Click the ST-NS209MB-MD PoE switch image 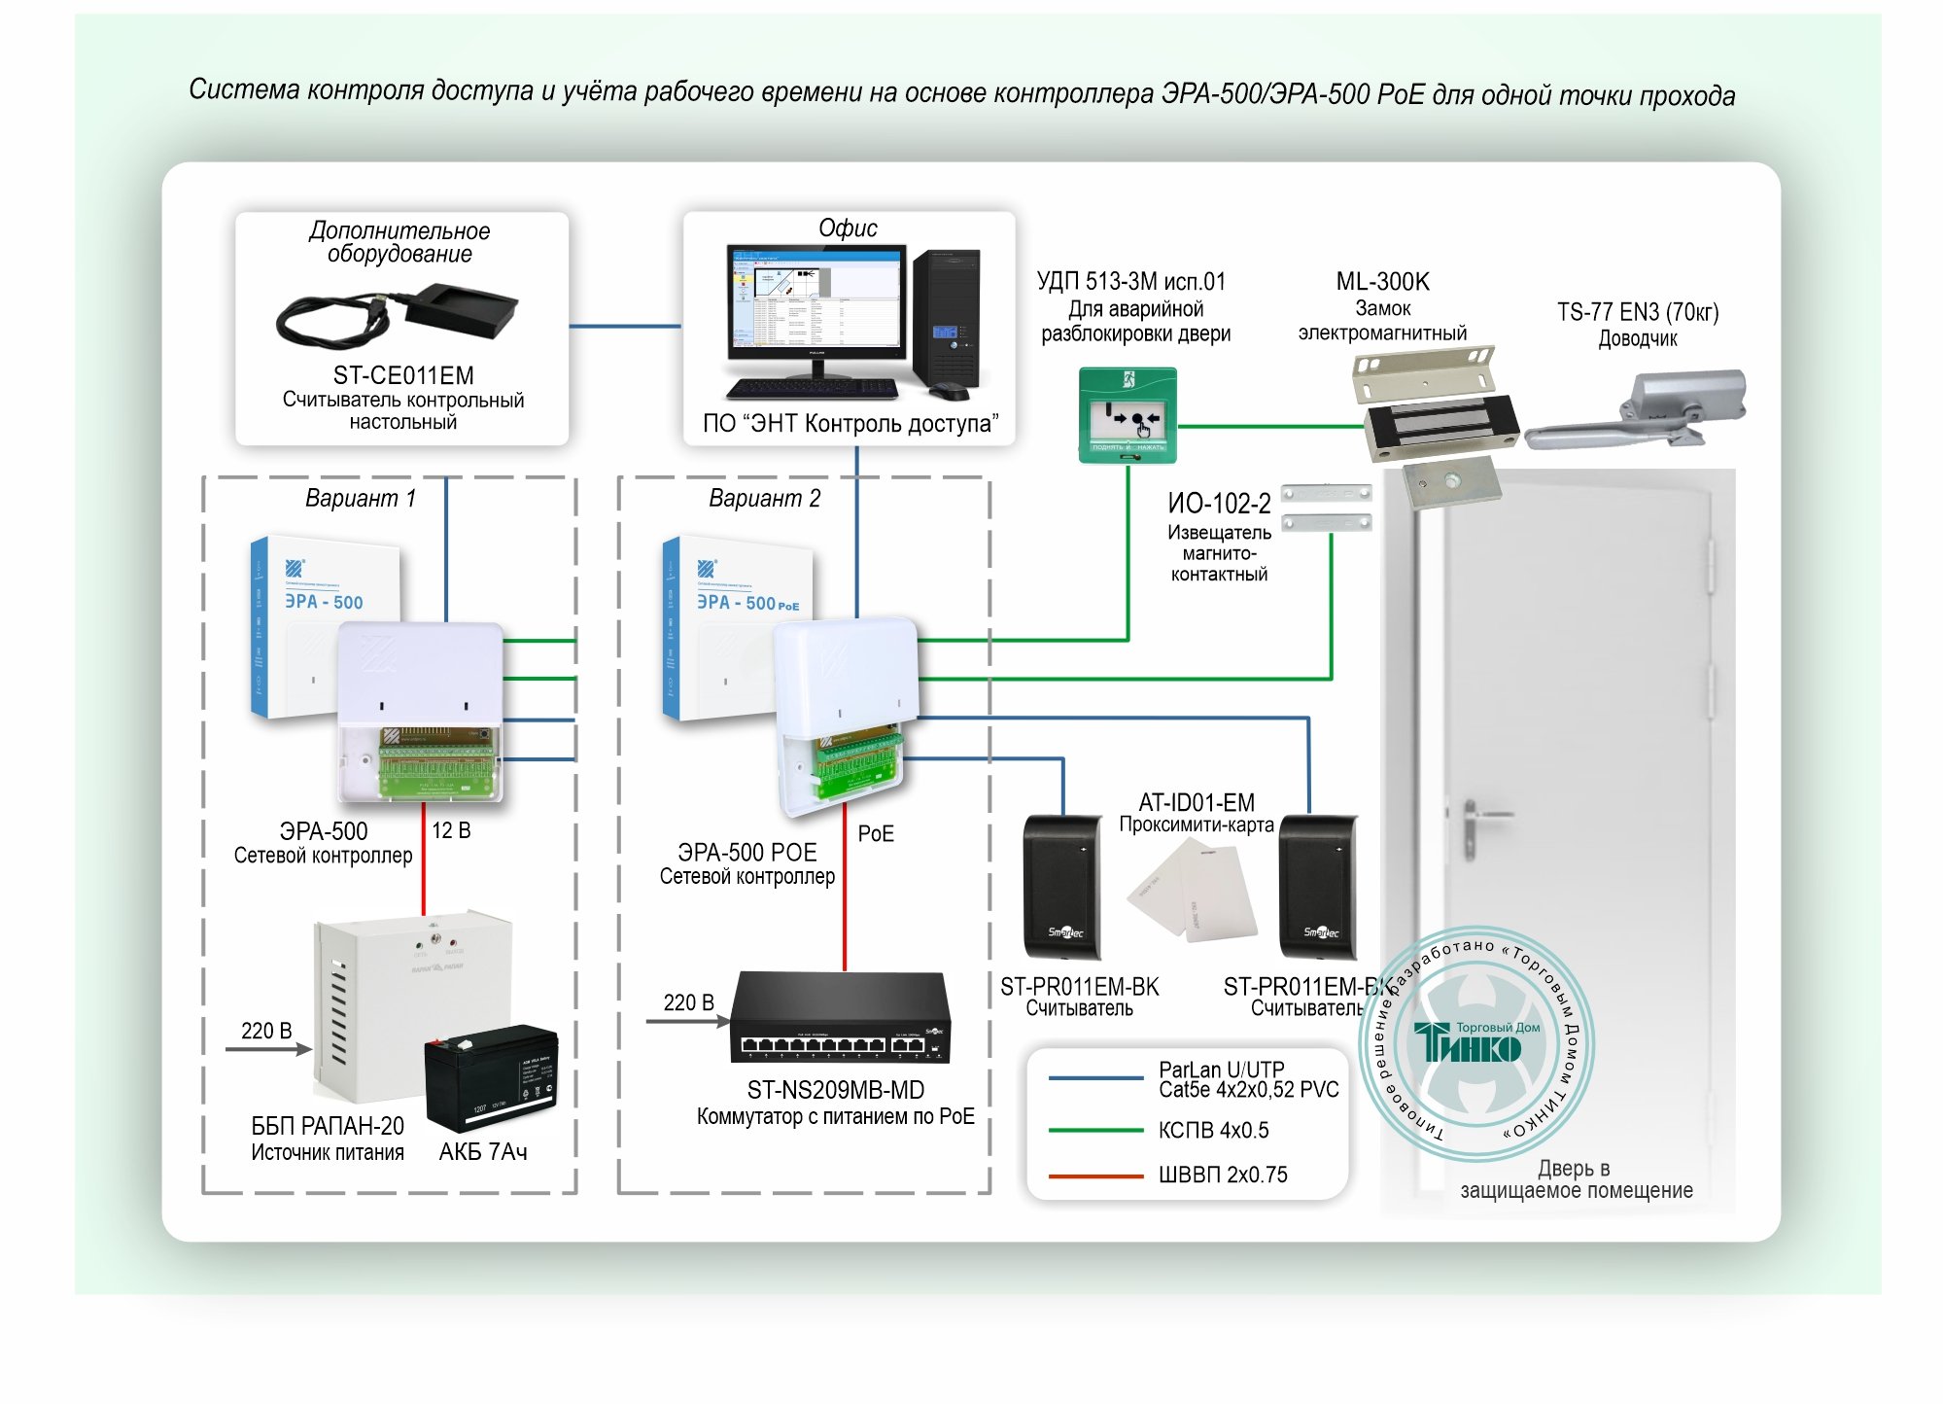(841, 1018)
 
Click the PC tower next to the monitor (946, 318)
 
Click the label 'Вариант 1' (360, 499)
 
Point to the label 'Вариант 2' (764, 499)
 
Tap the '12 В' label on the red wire (451, 830)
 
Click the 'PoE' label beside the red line (876, 833)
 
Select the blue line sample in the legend (1095, 1078)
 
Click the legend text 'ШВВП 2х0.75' (1223, 1175)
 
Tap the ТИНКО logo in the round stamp (1469, 1045)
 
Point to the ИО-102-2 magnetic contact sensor (1326, 508)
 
